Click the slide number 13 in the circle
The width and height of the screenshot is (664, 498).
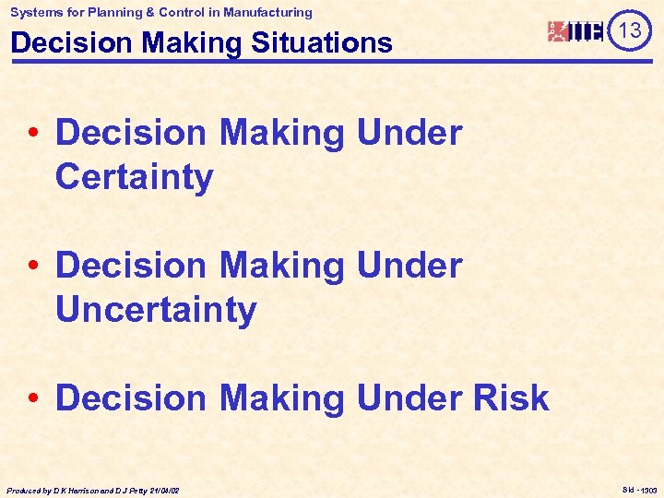tap(630, 31)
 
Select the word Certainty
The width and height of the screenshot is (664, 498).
tap(134, 177)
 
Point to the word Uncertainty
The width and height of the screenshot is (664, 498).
tap(155, 310)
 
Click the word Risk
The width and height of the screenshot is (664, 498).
tap(510, 398)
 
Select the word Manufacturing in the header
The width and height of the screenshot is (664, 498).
tap(267, 12)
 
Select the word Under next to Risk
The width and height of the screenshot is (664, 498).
tap(409, 398)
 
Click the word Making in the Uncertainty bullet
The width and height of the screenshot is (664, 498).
tap(283, 266)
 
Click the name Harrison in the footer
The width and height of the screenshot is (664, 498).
tap(77, 490)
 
